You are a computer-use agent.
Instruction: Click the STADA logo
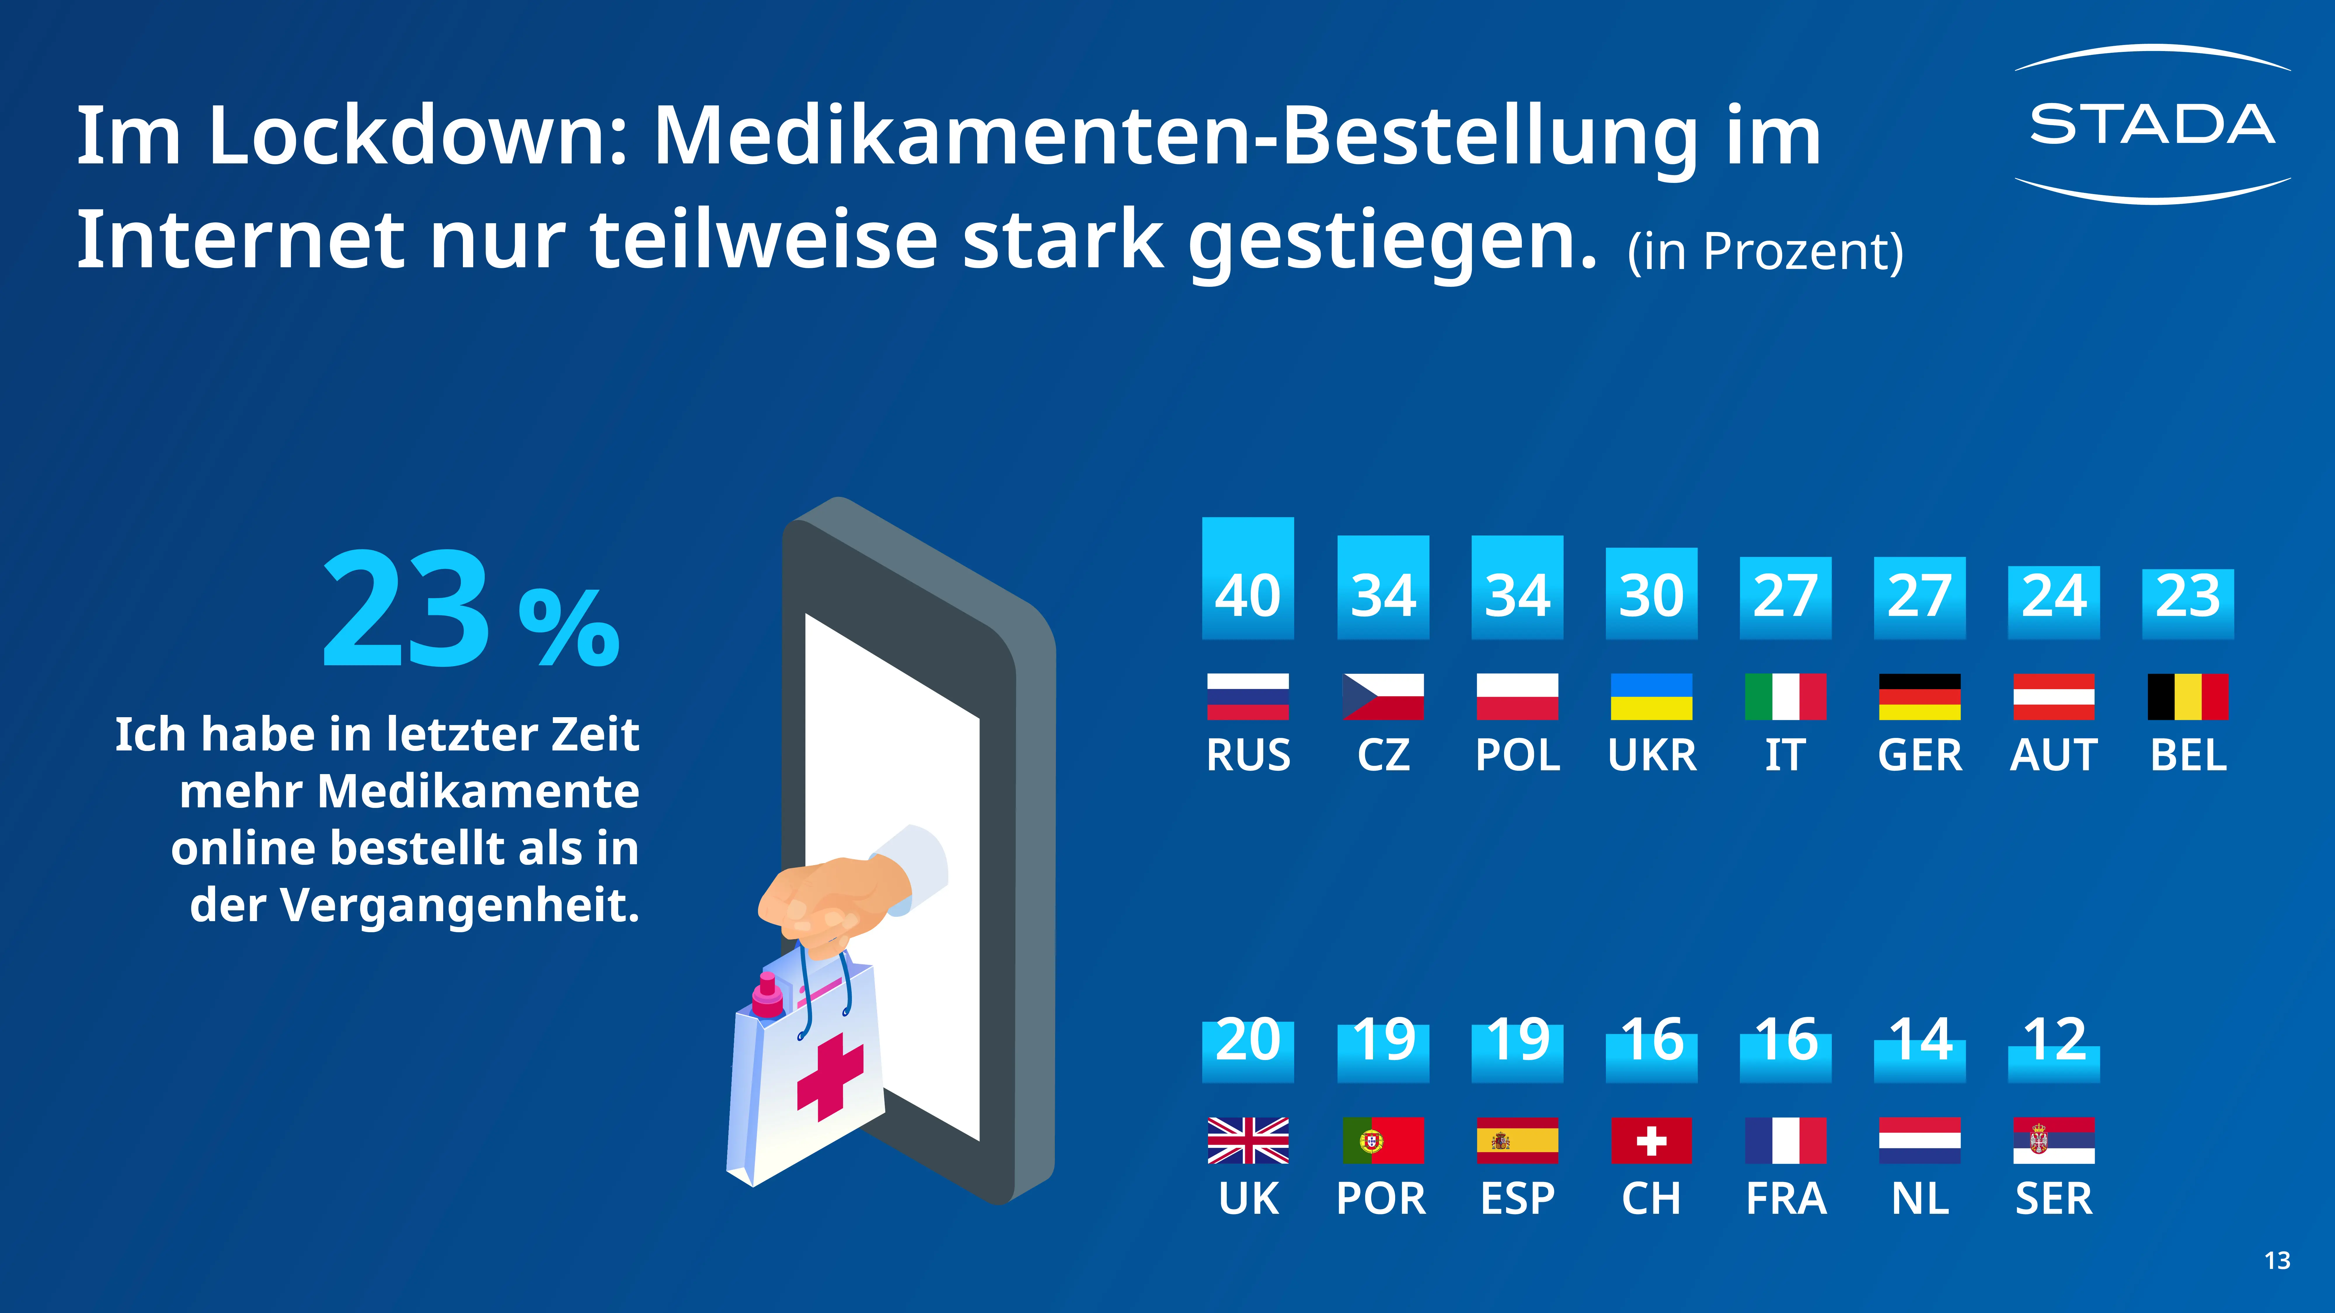click(2152, 124)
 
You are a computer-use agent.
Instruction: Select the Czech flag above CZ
click(1382, 697)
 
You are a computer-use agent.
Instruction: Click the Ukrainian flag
click(1651, 697)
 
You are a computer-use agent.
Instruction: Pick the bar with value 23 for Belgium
click(2187, 603)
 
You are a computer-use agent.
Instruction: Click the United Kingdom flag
click(1247, 1140)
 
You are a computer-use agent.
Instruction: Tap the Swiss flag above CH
click(1651, 1140)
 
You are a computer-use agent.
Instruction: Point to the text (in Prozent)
click(1765, 251)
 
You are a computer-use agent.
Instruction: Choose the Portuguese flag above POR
click(1382, 1140)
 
